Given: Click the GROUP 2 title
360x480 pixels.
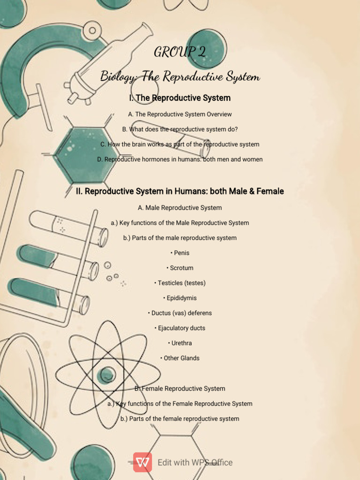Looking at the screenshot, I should (180, 52).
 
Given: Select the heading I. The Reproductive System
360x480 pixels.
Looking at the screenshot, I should (180, 98).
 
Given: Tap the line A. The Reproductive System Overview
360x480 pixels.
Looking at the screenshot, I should (180, 114).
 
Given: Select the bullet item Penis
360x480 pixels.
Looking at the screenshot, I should (180, 253).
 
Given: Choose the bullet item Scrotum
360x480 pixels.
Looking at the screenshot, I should (180, 268).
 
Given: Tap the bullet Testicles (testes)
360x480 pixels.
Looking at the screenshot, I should (180, 283).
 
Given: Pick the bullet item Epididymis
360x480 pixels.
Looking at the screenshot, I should (180, 298).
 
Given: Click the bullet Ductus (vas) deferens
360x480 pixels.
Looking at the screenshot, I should (180, 313).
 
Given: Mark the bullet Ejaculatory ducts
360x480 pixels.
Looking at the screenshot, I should (180, 328).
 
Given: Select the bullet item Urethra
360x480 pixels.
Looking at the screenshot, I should (180, 343).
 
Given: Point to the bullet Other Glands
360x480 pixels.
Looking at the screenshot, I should (180, 358).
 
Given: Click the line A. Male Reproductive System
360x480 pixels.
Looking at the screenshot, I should (180, 208).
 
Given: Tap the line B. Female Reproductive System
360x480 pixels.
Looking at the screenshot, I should (180, 389).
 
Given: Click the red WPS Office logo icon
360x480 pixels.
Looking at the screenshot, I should (142, 462).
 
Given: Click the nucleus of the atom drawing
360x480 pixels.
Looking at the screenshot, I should (106, 375).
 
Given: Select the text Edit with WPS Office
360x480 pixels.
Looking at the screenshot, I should (195, 463).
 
